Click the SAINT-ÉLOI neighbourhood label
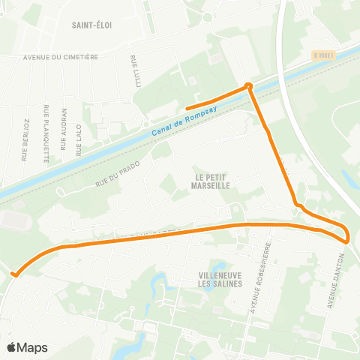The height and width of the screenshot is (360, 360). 92,25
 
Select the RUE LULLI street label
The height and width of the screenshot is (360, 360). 136,71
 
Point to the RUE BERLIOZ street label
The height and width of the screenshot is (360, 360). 25,139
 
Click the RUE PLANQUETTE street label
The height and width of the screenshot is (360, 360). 46,133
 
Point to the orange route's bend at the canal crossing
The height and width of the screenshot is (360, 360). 249,86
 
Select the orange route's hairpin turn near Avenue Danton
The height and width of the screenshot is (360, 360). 347,238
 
